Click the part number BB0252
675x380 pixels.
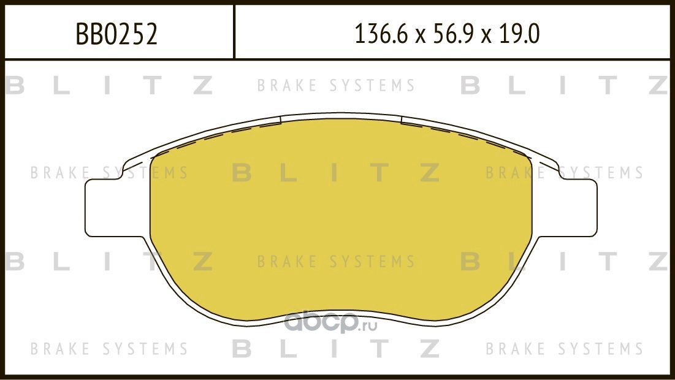(x=116, y=34)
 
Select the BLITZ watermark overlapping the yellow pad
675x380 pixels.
(x=335, y=173)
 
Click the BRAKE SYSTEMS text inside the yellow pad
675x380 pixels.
(x=335, y=262)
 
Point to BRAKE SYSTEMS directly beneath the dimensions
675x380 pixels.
(x=335, y=86)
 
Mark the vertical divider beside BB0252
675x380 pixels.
(x=234, y=32)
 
